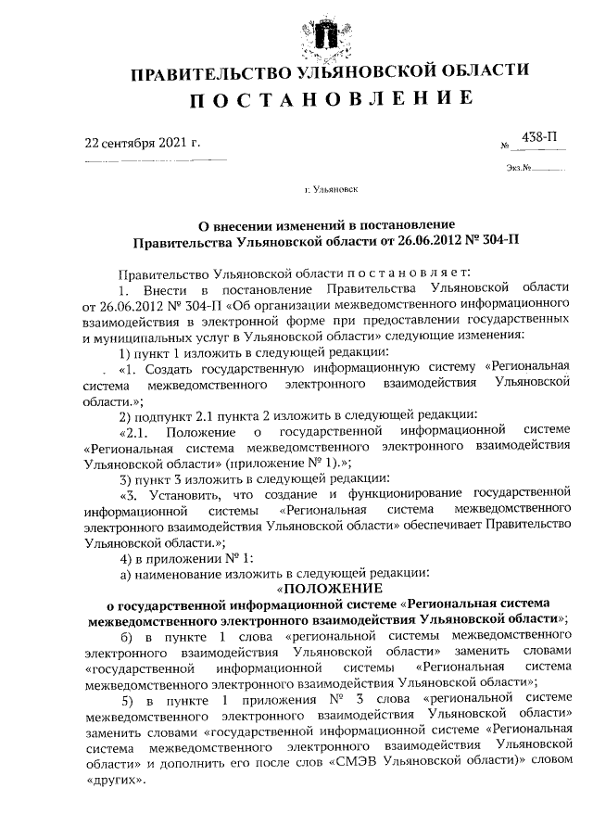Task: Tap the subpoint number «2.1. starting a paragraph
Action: pyautogui.click(x=135, y=431)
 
